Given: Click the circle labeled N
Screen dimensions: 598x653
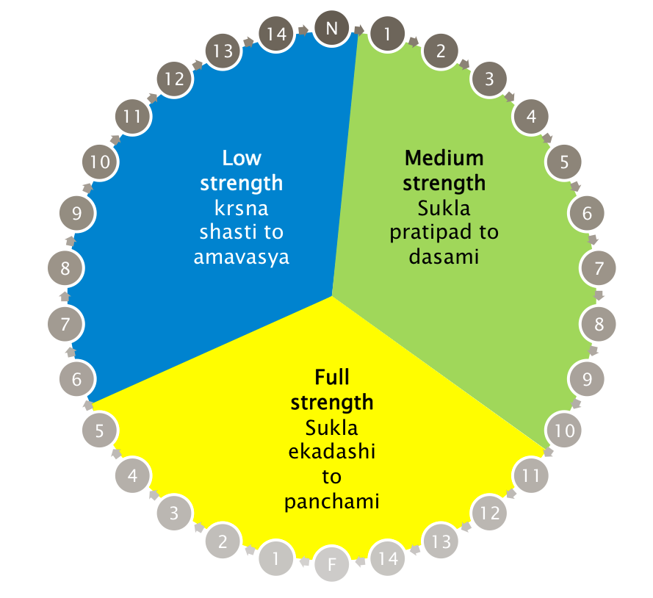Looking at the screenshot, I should (331, 29).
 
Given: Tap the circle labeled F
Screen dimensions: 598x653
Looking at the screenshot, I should (332, 565).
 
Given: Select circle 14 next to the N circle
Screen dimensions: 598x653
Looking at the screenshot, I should (276, 33).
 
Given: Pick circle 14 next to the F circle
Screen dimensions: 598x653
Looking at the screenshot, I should (388, 559).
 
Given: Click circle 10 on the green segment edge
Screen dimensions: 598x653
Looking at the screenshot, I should (564, 431).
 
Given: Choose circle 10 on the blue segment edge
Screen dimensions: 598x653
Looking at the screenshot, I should (100, 162).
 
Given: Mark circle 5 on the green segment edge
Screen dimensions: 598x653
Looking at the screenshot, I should (564, 162).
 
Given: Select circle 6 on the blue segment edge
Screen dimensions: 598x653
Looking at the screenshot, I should (77, 379).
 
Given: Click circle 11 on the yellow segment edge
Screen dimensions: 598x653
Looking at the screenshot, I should (530, 475).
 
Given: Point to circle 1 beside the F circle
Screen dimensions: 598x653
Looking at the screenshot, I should (276, 559).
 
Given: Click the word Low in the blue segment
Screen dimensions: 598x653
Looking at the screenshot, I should (242, 158).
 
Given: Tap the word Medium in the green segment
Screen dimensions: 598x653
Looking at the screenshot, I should (444, 158).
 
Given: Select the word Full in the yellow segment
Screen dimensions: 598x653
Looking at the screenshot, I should (332, 378).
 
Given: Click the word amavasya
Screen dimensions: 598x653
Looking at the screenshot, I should (242, 257).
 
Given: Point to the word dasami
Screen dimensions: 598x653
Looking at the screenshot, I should (444, 257).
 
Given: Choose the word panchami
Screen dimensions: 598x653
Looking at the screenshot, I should (332, 502).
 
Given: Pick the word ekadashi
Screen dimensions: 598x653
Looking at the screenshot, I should (332, 453).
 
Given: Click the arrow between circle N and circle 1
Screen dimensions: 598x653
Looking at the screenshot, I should (359, 30).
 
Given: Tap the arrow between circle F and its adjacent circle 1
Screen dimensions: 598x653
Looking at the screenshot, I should (304, 563).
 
